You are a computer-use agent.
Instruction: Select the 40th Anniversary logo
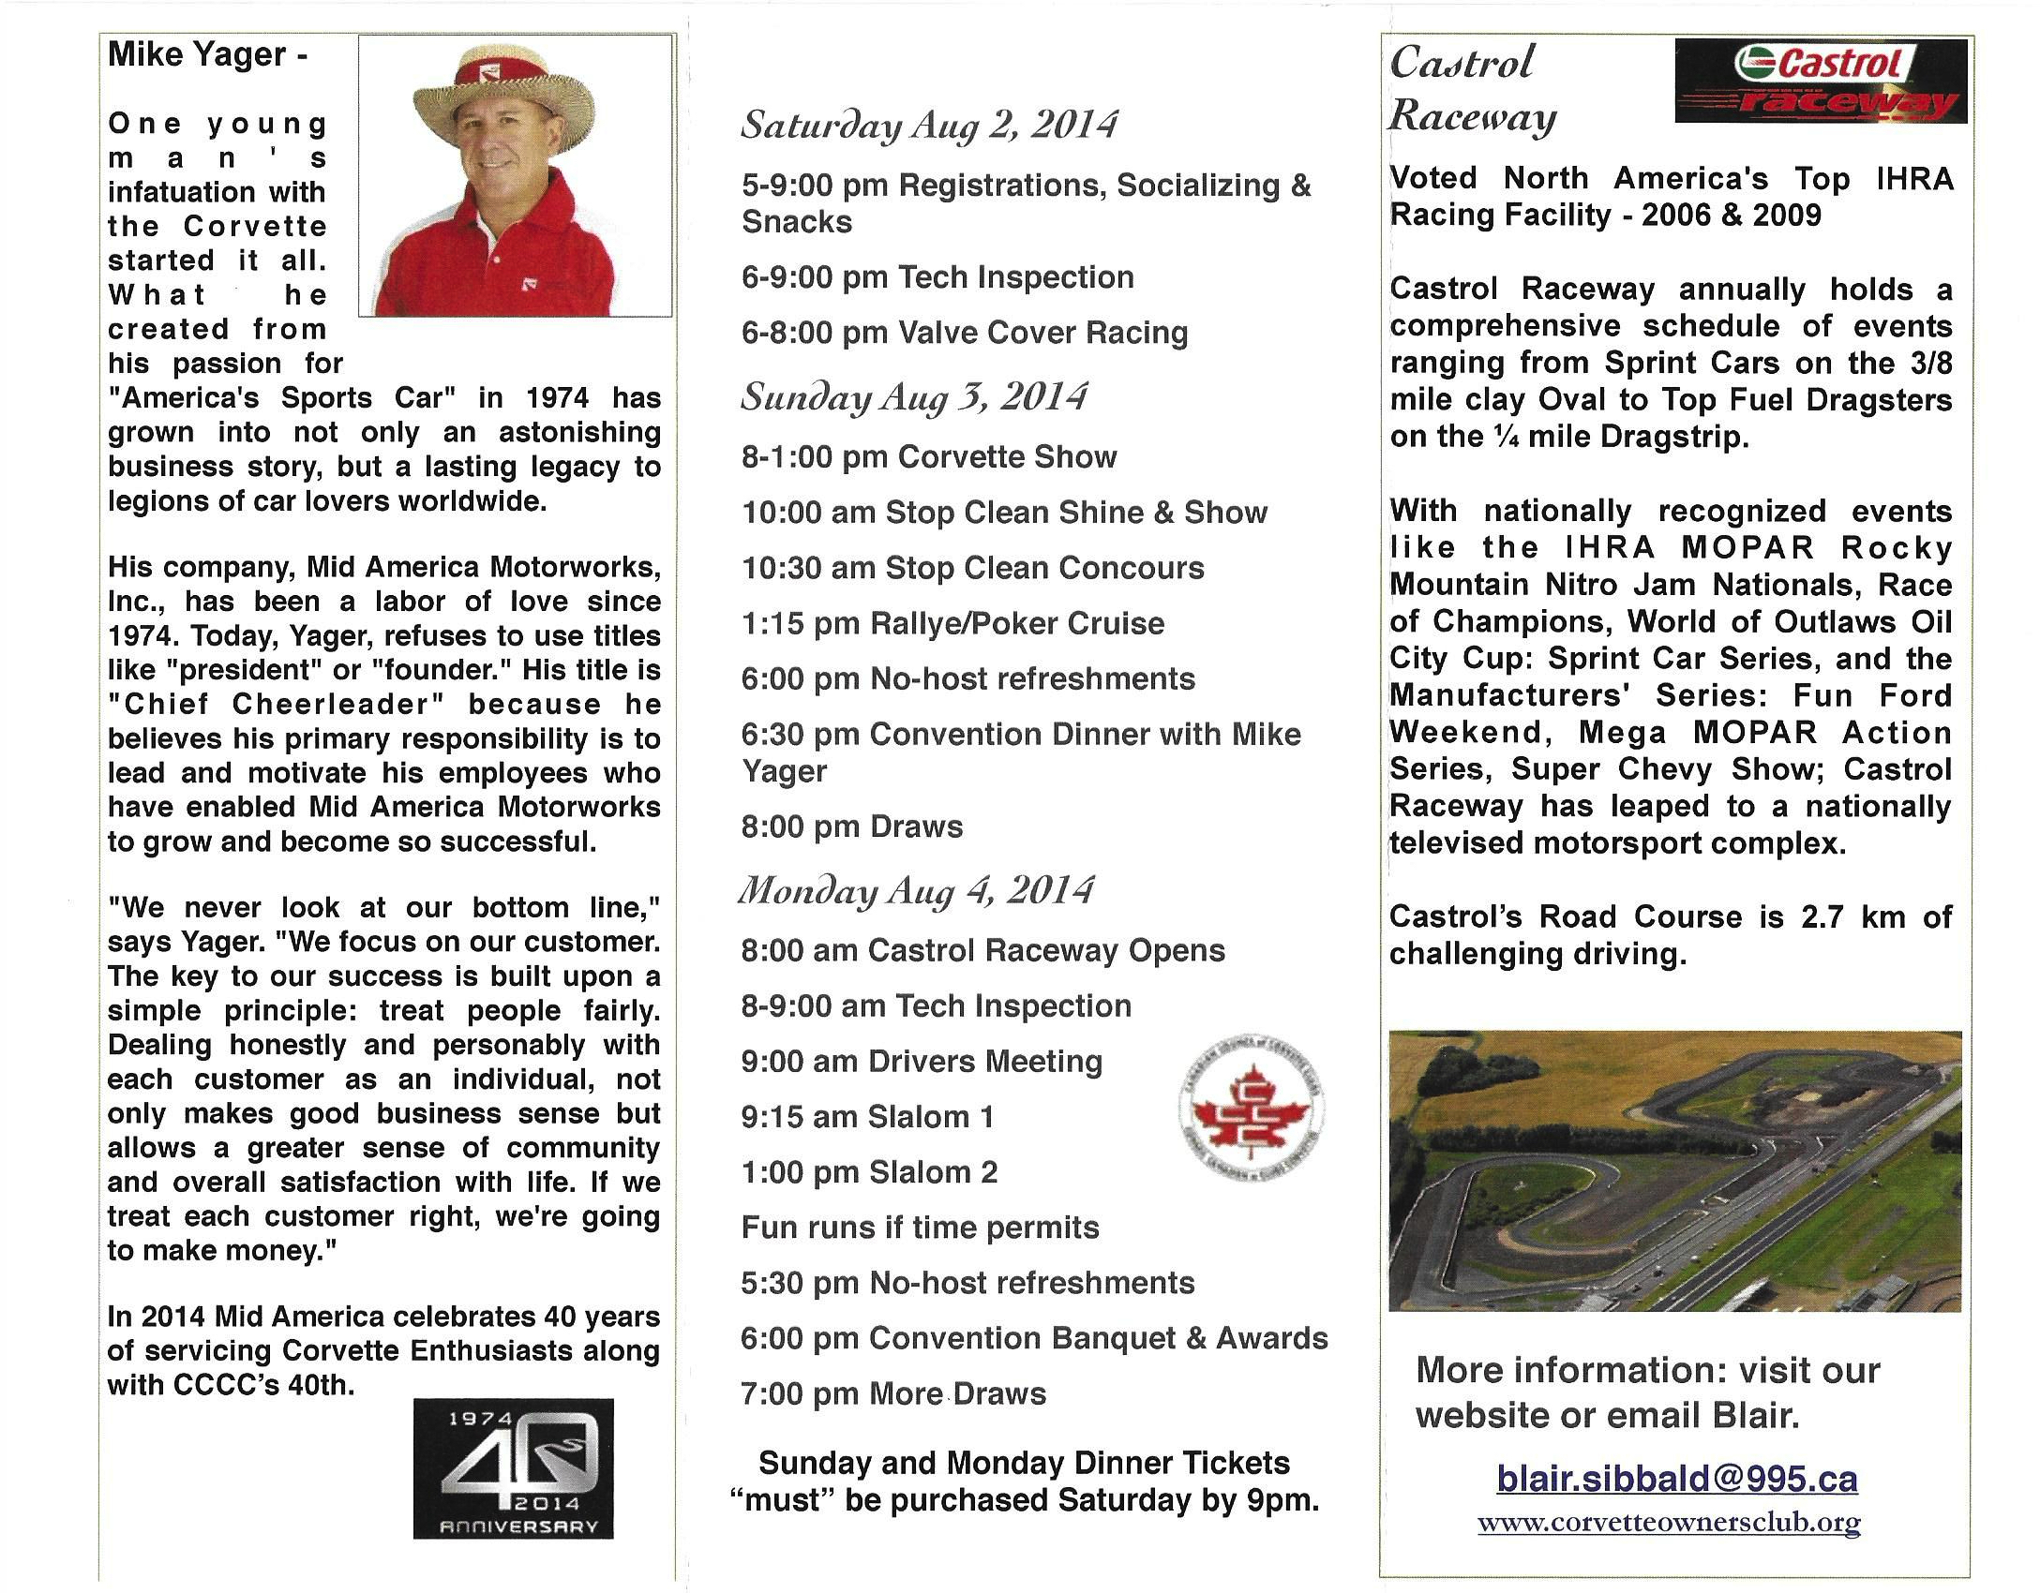coord(513,1467)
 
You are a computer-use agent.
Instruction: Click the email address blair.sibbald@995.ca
coord(1676,1479)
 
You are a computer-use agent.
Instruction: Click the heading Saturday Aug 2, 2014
coord(929,126)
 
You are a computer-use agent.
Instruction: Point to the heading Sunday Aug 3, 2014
coord(914,397)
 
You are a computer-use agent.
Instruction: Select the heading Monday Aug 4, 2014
coord(916,890)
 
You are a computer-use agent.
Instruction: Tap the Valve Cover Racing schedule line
coord(965,333)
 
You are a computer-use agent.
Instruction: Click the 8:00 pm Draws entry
coord(851,826)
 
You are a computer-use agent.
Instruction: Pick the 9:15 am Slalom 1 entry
coord(867,1117)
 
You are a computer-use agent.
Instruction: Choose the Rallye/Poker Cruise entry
coord(952,623)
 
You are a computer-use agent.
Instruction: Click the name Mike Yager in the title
coord(197,54)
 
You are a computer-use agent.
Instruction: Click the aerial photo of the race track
coord(1674,1170)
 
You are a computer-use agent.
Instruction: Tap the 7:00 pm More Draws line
coord(892,1393)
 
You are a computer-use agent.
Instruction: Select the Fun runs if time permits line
coord(920,1228)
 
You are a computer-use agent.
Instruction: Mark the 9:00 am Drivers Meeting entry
coord(922,1062)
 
